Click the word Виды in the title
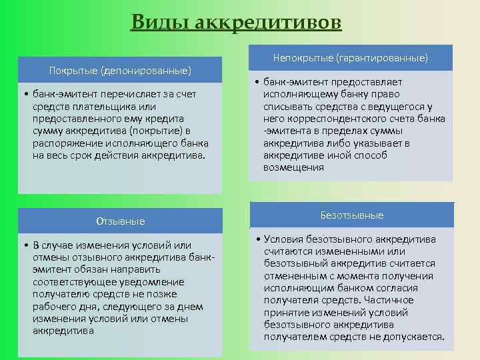(x=159, y=22)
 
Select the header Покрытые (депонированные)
(x=120, y=71)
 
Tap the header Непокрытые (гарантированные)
(x=351, y=59)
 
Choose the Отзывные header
(x=120, y=221)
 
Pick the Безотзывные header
(x=351, y=215)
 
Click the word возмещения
(x=293, y=167)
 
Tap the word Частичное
(x=390, y=300)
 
